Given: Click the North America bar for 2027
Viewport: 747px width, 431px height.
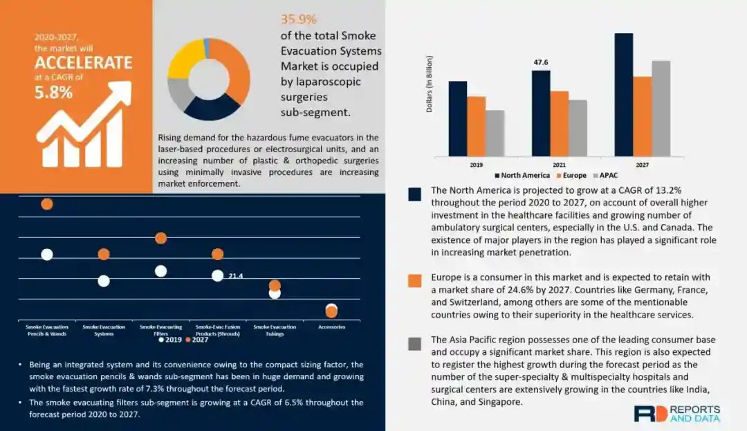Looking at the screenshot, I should [623, 95].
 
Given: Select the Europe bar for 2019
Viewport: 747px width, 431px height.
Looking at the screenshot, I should [476, 126].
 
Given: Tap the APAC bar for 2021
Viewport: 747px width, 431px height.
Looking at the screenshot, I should [578, 128].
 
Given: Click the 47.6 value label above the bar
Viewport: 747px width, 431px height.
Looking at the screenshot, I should [540, 63].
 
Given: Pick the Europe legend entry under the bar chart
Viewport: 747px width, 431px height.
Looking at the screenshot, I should [571, 175].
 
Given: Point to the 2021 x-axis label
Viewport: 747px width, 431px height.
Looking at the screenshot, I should [560, 165].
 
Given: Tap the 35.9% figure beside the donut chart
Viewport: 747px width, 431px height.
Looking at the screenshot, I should [298, 19].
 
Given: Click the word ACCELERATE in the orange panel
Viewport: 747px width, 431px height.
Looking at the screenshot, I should [83, 62].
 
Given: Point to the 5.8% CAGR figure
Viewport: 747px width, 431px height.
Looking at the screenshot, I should [54, 92].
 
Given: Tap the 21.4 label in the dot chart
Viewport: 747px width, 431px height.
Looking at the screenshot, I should [235, 276].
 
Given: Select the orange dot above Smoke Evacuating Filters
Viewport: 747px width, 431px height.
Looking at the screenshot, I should [160, 238].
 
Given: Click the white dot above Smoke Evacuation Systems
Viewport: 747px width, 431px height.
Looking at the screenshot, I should [104, 281].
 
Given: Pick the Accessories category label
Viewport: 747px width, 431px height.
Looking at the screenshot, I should [331, 327].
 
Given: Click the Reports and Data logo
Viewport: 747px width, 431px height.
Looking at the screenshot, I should [676, 414].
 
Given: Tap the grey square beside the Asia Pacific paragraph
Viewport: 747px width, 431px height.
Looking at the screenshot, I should [415, 344].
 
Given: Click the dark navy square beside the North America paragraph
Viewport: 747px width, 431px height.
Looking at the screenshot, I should [415, 194].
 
